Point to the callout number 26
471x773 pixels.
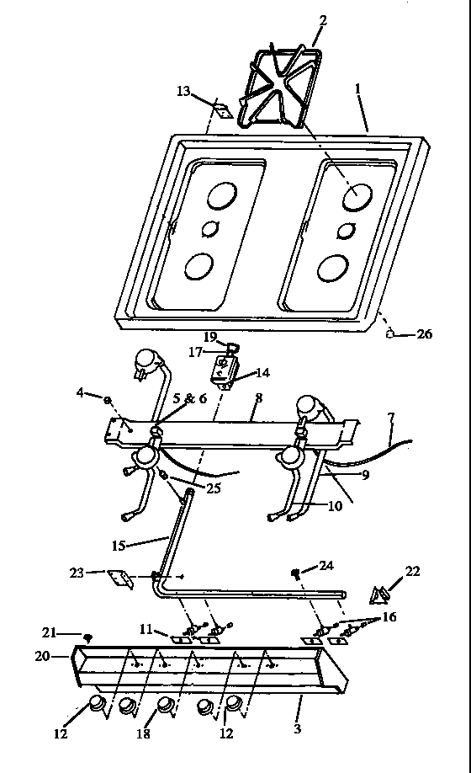coord(426,334)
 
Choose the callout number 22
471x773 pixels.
coord(412,571)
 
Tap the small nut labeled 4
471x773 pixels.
coord(108,396)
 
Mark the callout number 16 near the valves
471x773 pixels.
coord(390,617)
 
